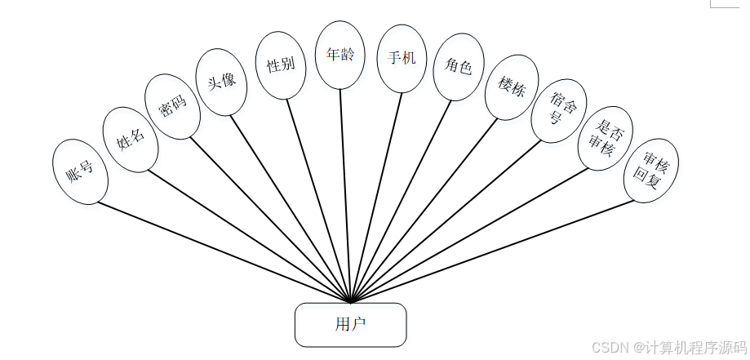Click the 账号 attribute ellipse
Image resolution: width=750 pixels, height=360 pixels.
coord(79,171)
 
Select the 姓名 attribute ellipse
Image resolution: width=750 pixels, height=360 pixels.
coord(130,139)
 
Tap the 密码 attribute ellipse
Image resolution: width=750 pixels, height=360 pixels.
coord(172,106)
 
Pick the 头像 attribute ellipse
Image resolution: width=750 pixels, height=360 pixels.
coord(221,82)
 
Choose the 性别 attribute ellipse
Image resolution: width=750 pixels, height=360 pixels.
coord(281,65)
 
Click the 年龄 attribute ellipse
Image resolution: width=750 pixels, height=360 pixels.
coord(339,55)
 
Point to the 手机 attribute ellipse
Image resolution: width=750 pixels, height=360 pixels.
coord(402,59)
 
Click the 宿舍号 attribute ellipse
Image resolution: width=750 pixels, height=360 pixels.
coord(558,110)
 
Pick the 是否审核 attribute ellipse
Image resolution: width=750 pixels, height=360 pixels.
coord(605,138)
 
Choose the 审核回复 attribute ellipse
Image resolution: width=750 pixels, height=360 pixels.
coord(650,170)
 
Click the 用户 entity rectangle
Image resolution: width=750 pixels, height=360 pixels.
coord(350,324)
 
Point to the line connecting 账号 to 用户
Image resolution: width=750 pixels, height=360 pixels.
coord(220,250)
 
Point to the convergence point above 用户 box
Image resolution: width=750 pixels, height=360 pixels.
coord(350,300)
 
